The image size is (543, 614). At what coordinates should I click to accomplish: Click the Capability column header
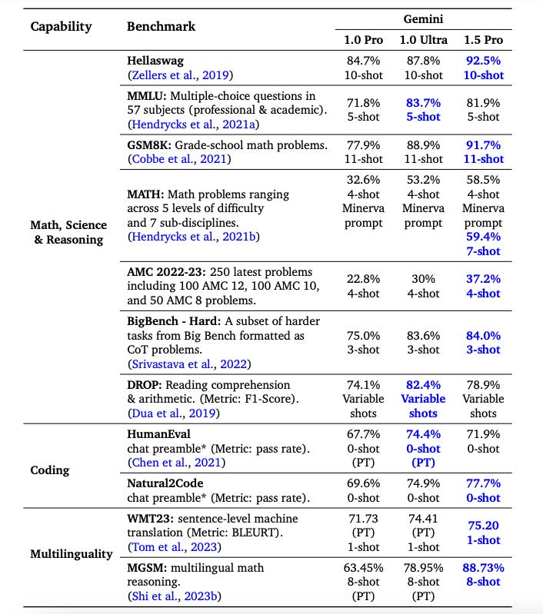pos(61,26)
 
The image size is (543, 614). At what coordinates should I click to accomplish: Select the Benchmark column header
pos(161,26)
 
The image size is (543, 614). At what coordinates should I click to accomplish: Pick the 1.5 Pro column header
pos(483,38)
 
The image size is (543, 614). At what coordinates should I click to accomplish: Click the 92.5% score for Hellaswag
pos(483,61)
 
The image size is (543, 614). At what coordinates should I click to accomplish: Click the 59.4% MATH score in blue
pos(483,237)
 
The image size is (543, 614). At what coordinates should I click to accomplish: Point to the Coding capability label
pos(51,470)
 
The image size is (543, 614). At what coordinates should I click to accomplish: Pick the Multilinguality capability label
pos(71,553)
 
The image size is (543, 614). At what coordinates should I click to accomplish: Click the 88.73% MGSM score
pos(483,567)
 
